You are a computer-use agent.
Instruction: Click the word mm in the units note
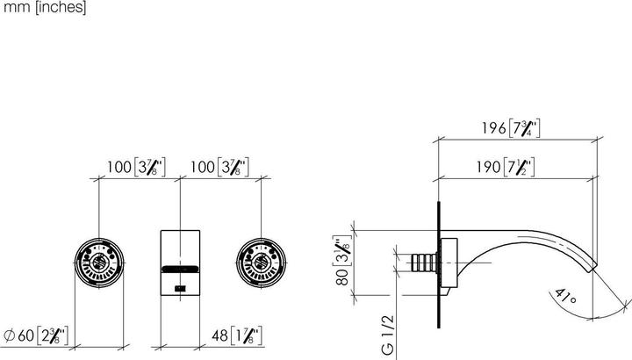click(11, 8)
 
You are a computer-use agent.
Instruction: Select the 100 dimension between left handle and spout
click(135, 166)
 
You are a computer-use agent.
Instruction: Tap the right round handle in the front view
click(261, 261)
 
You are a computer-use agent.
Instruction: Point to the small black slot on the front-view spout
click(180, 287)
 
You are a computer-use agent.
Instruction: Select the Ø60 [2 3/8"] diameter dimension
click(41, 334)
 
